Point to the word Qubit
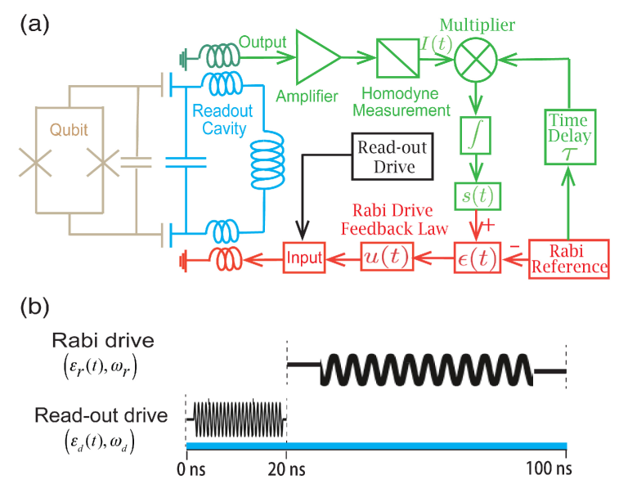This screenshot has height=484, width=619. pos(69,130)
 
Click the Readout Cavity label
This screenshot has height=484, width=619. pos(222,119)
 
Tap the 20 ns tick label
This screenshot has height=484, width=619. pos(286,469)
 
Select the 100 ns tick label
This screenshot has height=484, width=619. pos(549,468)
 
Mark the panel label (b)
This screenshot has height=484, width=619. pos(34,307)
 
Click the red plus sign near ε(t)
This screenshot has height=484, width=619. pos(488,226)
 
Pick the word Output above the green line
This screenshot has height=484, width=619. pos(262,43)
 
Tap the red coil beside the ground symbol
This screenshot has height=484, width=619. pos(227,259)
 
